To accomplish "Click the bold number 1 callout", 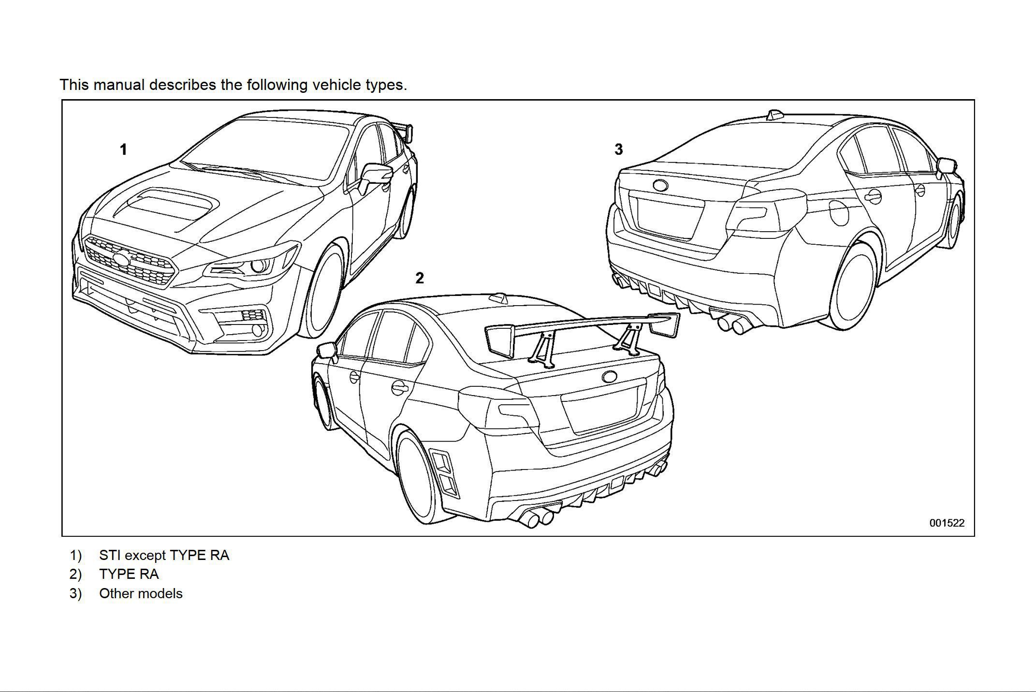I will click(x=123, y=149).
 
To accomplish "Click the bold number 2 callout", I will click(x=419, y=278).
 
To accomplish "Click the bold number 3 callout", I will click(x=618, y=149).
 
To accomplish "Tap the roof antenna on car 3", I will click(x=774, y=115).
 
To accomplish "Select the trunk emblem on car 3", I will click(x=660, y=185).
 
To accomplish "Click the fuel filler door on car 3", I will click(x=839, y=212).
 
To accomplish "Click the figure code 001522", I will click(x=947, y=523).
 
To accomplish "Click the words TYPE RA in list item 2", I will click(x=129, y=574).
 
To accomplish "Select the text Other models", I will click(x=141, y=593).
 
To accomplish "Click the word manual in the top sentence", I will click(x=119, y=85).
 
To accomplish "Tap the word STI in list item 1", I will click(x=109, y=555).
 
